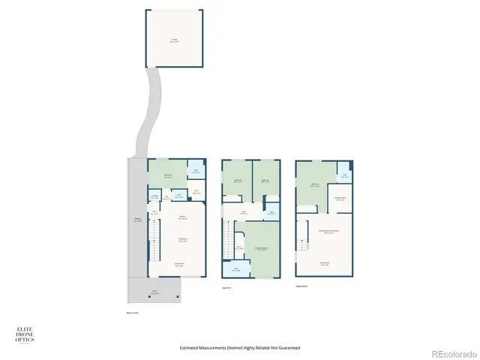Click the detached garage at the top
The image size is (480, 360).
pyautogui.click(x=173, y=37)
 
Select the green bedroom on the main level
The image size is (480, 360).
pyautogui.click(x=167, y=175)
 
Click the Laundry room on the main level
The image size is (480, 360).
pyautogui.click(x=154, y=197)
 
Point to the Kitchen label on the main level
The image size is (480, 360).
pyautogui.click(x=181, y=217)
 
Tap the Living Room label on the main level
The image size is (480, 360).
pyautogui.click(x=179, y=264)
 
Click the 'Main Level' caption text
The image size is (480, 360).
pyautogui.click(x=133, y=313)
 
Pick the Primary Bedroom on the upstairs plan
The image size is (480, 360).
pyautogui.click(x=262, y=247)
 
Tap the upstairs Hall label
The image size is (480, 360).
pyautogui.click(x=244, y=213)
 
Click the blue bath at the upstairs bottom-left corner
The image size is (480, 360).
pyautogui.click(x=235, y=268)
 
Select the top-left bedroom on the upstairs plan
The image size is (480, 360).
pyautogui.click(x=237, y=181)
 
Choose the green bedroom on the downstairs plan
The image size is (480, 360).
pyautogui.click(x=315, y=184)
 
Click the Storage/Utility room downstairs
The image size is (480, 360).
pyautogui.click(x=340, y=199)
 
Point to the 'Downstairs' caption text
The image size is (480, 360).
pyautogui.click(x=302, y=286)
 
